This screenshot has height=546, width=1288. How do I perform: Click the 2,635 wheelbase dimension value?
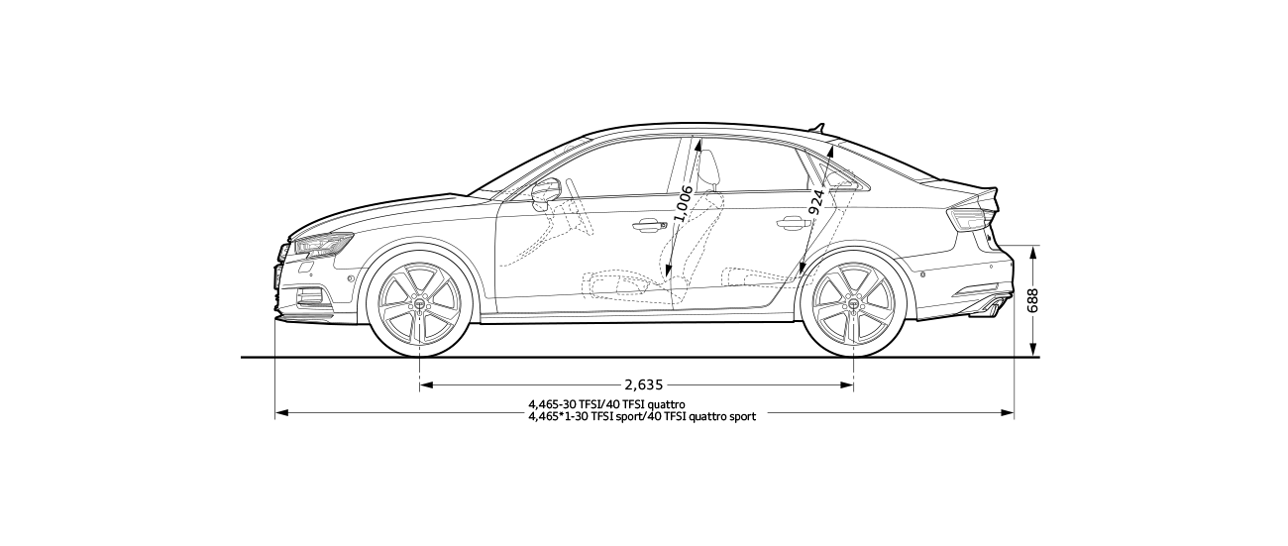[x=643, y=384]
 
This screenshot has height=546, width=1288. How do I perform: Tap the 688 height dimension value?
[x=1033, y=301]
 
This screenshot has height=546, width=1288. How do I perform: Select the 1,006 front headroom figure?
[x=683, y=204]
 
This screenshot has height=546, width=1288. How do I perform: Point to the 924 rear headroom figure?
[x=816, y=201]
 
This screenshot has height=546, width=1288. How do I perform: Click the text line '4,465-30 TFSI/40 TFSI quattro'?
[x=606, y=405]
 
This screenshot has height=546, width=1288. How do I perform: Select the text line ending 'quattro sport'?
[x=642, y=417]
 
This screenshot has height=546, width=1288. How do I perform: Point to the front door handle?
[x=649, y=225]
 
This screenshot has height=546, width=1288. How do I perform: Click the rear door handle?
[x=792, y=224]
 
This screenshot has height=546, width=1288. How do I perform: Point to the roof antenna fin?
[x=816, y=126]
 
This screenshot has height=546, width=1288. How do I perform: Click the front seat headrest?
[x=709, y=168]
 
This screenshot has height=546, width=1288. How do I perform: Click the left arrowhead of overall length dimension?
[x=279, y=411]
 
